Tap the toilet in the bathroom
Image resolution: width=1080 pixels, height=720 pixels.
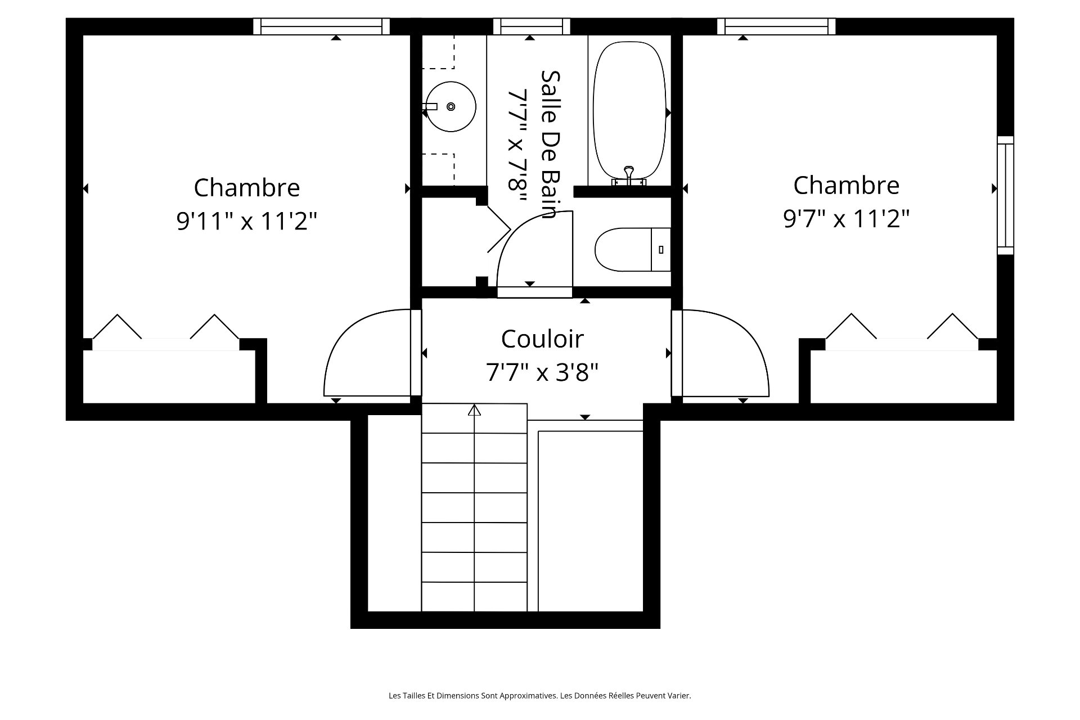tap(633, 249)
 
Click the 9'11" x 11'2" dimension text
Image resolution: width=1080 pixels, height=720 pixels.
tap(247, 221)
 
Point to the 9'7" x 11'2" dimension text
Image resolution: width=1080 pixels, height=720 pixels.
tap(847, 218)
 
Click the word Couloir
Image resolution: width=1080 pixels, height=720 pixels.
tap(542, 339)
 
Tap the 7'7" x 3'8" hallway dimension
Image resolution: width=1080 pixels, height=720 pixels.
tap(542, 372)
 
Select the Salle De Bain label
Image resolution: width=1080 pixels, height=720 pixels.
tap(549, 144)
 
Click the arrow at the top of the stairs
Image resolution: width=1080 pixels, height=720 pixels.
tap(474, 409)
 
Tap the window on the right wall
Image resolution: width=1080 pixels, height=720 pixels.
tap(1006, 195)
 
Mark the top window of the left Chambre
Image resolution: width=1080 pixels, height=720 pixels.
tap(321, 26)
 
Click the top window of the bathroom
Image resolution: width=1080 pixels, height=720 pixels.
tap(532, 26)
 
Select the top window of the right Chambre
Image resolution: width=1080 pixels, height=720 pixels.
tap(776, 26)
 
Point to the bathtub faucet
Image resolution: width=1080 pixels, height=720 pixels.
tap(629, 175)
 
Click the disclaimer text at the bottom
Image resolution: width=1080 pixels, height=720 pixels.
tap(540, 696)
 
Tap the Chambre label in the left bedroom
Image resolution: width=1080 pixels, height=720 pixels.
tap(247, 187)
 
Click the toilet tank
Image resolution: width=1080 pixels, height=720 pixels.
tap(661, 249)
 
